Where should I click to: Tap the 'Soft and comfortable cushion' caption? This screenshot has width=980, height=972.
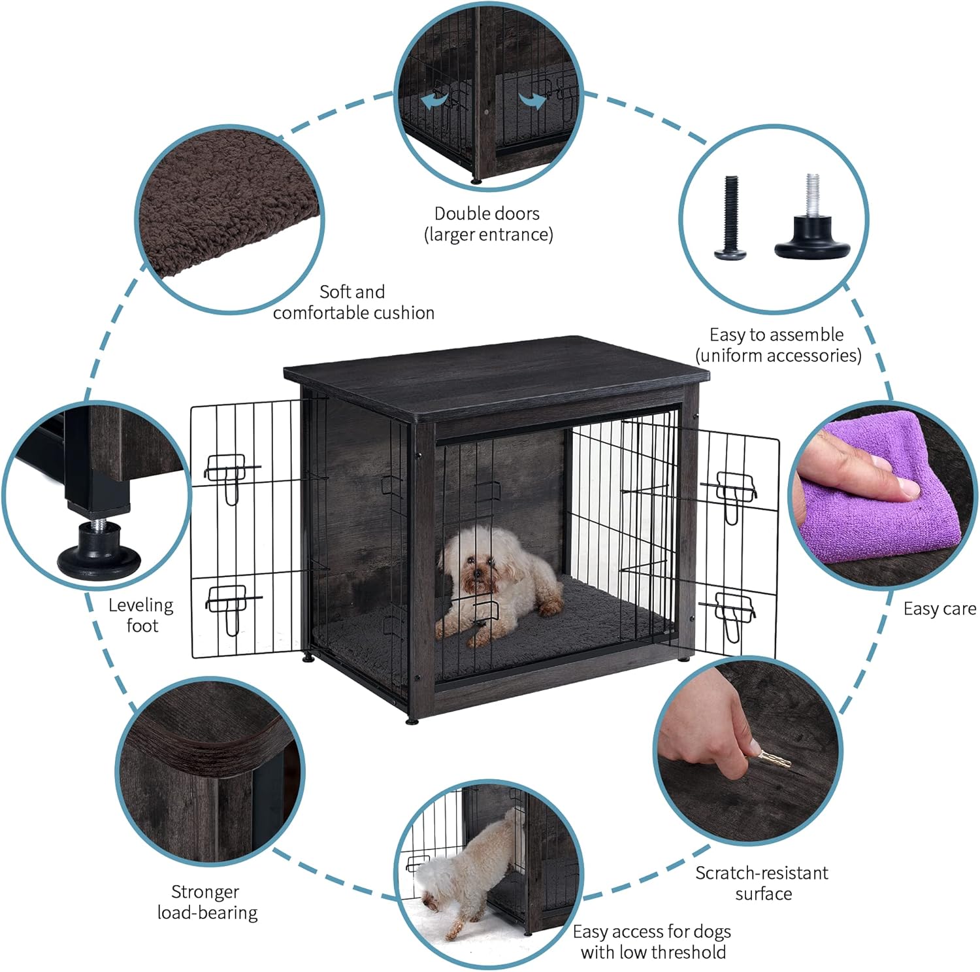pyautogui.click(x=353, y=302)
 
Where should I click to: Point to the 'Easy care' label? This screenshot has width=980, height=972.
pyautogui.click(x=939, y=609)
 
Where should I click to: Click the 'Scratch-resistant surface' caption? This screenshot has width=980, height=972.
pyautogui.click(x=762, y=883)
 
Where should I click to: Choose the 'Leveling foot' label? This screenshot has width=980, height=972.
pyautogui.click(x=141, y=615)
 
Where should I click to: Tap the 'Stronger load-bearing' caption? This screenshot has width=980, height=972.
pyautogui.click(x=207, y=902)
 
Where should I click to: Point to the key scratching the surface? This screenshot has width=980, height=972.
pyautogui.click(x=771, y=758)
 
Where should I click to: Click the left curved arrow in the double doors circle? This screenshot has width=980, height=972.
pyautogui.click(x=436, y=101)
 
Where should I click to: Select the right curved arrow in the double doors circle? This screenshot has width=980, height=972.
pyautogui.click(x=532, y=101)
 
